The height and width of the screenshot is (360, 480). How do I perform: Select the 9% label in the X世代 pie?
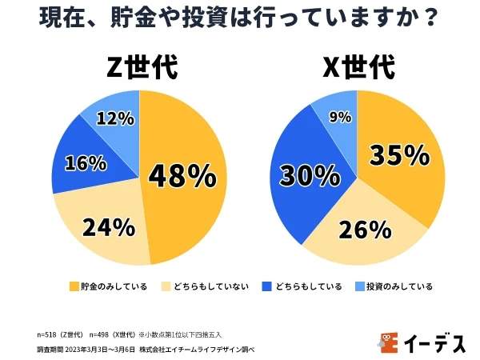click(x=340, y=117)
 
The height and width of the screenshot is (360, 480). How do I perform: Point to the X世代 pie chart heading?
click(x=358, y=68)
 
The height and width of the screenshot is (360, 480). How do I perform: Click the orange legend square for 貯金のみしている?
click(x=74, y=286)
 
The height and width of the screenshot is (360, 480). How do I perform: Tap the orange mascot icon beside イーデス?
click(x=388, y=342)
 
